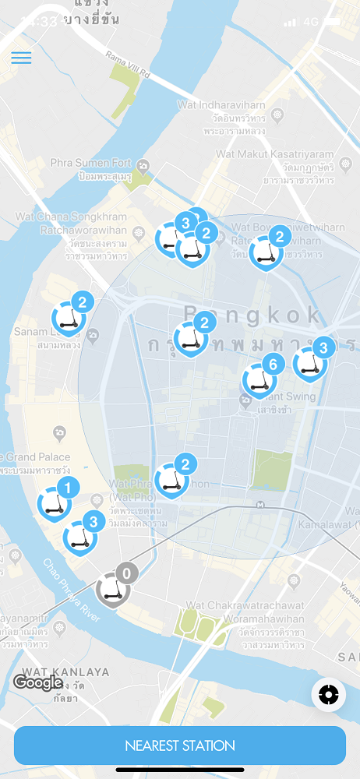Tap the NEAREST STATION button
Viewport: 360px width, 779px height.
[179, 746]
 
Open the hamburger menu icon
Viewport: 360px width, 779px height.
[21, 58]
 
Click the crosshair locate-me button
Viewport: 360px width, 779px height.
[328, 694]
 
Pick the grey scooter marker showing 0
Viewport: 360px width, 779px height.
[113, 588]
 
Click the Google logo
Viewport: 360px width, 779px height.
[37, 682]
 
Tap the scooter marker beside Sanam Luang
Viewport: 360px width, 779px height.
[68, 318]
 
